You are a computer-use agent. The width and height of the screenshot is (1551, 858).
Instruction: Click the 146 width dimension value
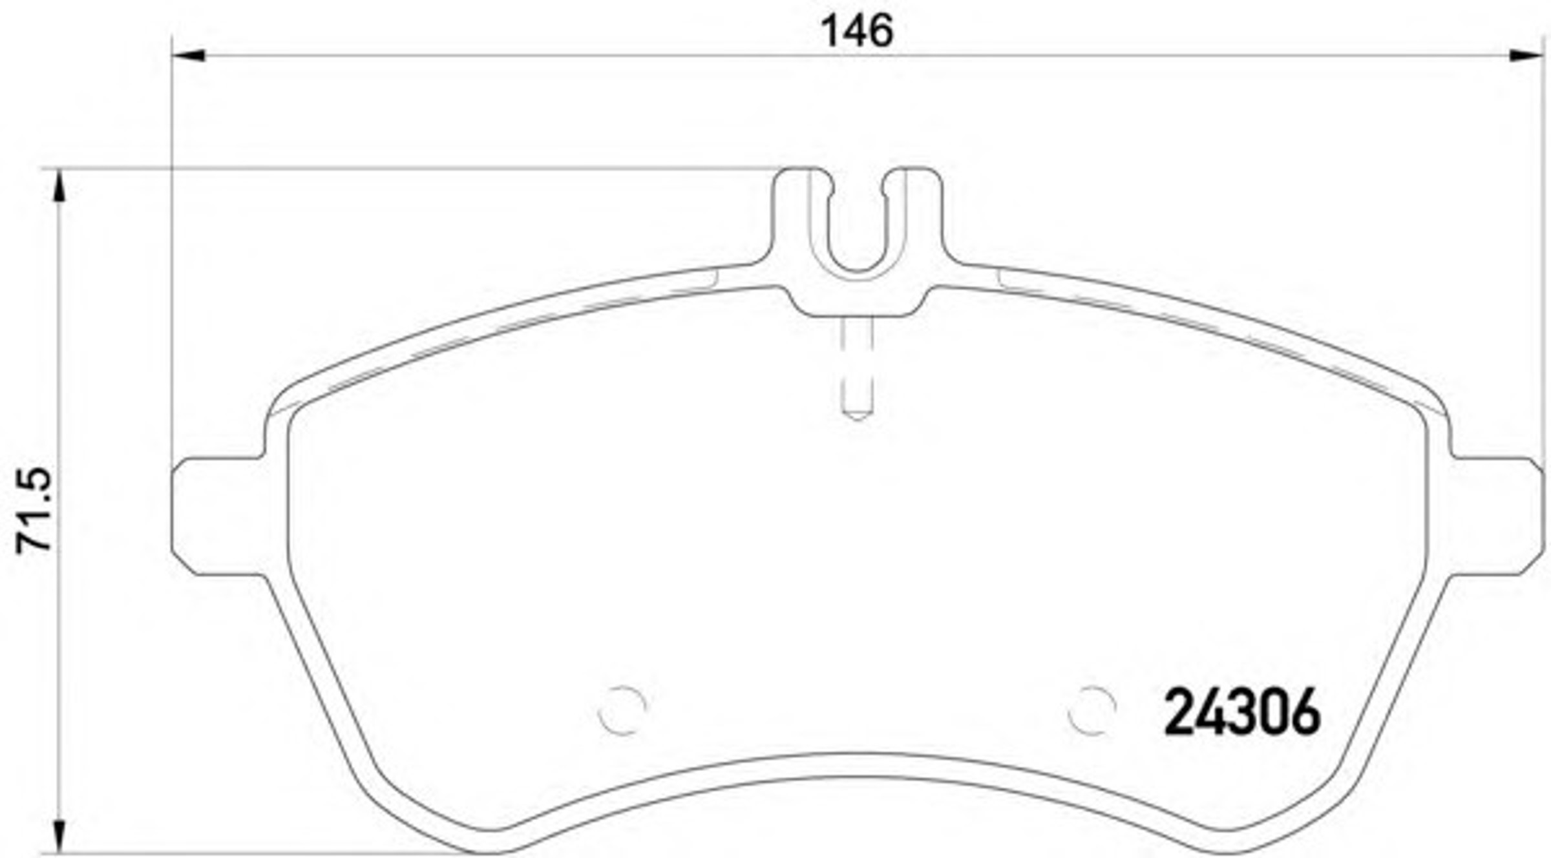(x=857, y=31)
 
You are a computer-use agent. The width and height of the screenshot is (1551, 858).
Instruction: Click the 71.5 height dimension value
(x=33, y=510)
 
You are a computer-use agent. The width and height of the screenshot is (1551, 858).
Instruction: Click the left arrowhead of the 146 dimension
(x=189, y=56)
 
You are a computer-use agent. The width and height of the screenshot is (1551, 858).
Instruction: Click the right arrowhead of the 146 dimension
(x=1525, y=56)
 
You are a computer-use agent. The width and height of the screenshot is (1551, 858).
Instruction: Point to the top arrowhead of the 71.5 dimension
(x=59, y=186)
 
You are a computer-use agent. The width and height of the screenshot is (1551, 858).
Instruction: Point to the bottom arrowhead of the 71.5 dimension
(x=59, y=837)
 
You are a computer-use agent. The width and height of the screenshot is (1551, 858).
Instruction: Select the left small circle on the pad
(x=622, y=710)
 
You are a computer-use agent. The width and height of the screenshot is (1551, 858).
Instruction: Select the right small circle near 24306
(x=1092, y=710)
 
